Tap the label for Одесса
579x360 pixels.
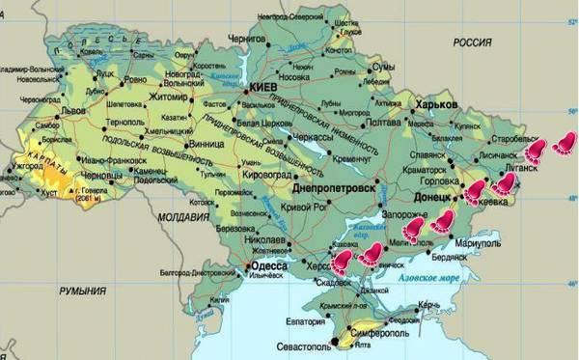tap(269, 266)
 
